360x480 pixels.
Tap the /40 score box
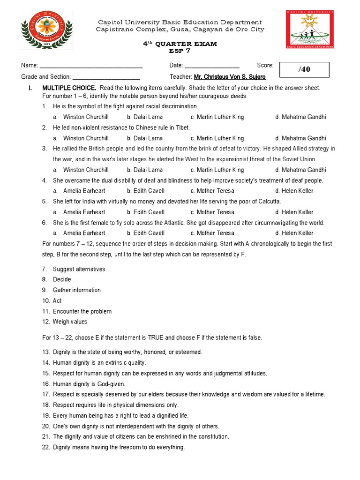(304, 69)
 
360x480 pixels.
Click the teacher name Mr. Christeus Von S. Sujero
(230, 77)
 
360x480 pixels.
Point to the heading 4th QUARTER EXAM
(180, 44)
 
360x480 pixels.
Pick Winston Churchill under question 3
(86, 170)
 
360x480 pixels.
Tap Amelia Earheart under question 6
(84, 233)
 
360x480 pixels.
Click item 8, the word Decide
(62, 279)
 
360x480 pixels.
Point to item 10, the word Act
(57, 300)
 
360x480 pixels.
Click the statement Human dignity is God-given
(88, 384)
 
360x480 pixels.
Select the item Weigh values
(70, 322)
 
